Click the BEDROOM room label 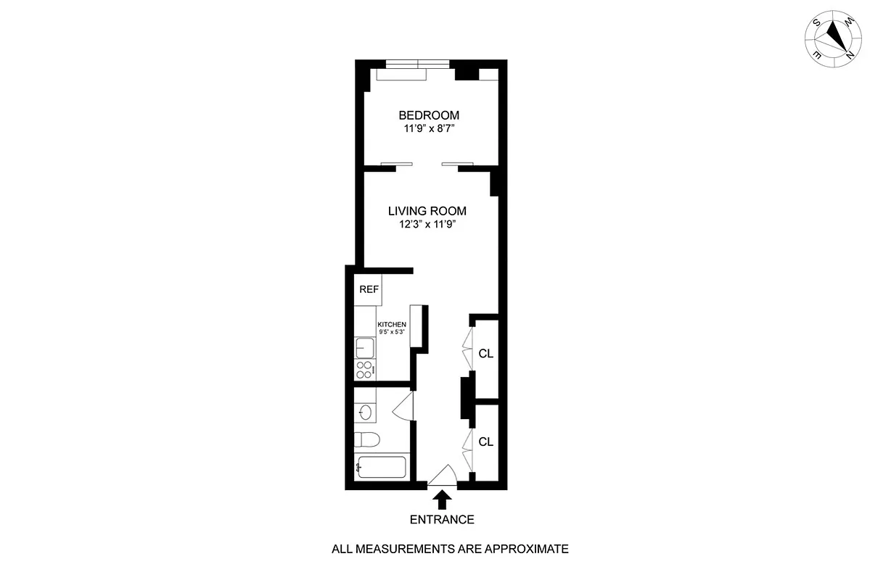coord(429,115)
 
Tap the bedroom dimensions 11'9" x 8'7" coord(429,129)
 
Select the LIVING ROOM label coord(427,211)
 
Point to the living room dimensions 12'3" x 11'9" coord(427,224)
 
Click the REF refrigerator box coord(369,289)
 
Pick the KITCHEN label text coord(391,325)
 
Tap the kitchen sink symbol coord(364,348)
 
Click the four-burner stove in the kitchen coord(365,370)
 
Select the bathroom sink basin coord(365,413)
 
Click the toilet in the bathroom coord(367,439)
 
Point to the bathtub coord(381,467)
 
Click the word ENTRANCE coord(442,519)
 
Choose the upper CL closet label coord(486,354)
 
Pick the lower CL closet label coord(486,442)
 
